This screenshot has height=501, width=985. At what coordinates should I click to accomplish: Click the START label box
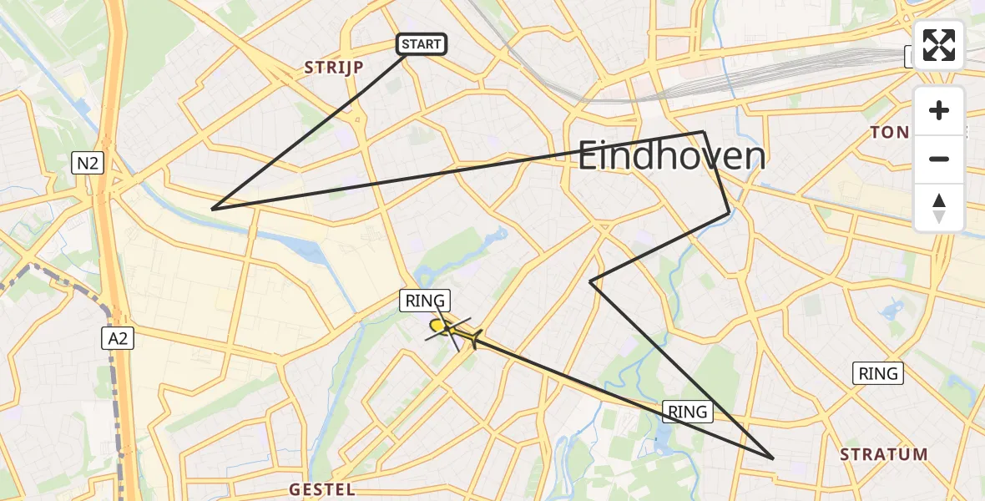click(x=422, y=44)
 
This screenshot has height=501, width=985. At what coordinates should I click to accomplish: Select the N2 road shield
click(x=88, y=164)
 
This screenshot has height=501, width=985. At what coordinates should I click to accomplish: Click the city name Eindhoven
click(x=671, y=156)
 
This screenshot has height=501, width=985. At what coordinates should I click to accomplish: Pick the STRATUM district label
click(x=883, y=455)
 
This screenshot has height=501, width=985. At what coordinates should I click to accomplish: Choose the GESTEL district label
click(x=321, y=489)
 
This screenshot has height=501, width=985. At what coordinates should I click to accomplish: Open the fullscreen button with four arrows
click(x=939, y=46)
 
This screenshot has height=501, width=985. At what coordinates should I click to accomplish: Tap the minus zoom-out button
click(x=939, y=159)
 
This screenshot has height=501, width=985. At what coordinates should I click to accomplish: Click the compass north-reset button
click(x=939, y=206)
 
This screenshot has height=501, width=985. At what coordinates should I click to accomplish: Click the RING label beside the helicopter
click(x=426, y=301)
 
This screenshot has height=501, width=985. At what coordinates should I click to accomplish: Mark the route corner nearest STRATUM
click(x=773, y=458)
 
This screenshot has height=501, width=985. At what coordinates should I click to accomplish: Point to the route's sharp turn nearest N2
click(x=213, y=209)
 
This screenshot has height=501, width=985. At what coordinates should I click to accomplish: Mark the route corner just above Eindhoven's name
click(x=704, y=132)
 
